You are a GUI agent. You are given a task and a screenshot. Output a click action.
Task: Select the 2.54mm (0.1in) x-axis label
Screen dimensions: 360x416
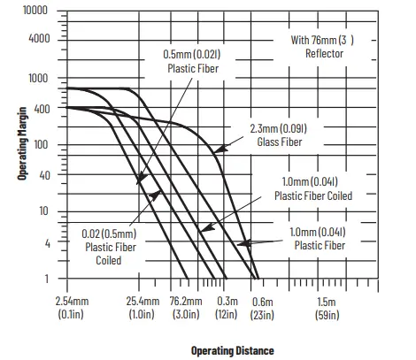[x=71, y=307]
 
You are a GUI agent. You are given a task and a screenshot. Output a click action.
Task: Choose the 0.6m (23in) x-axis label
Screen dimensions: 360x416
[x=261, y=307]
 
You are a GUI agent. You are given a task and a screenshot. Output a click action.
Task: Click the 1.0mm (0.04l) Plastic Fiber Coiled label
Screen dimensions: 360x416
[x=313, y=188]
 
